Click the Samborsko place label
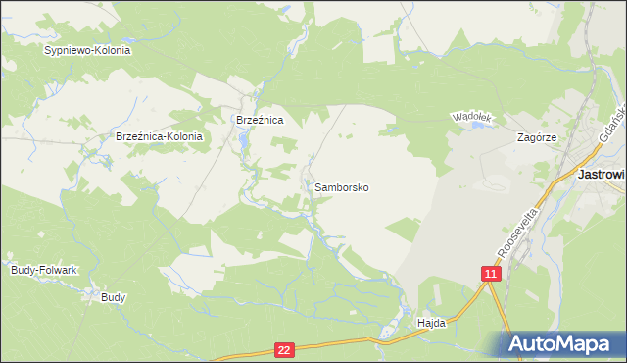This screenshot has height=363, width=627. point(342,186)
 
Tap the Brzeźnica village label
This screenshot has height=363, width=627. point(260,120)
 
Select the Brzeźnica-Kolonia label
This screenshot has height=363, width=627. point(159,137)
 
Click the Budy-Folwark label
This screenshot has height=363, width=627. point(43,269)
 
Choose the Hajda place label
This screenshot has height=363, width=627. point(431,322)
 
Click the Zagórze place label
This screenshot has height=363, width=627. point(536,138)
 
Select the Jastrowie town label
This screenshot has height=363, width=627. point(602,174)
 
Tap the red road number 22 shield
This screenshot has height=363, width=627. point(284,349)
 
